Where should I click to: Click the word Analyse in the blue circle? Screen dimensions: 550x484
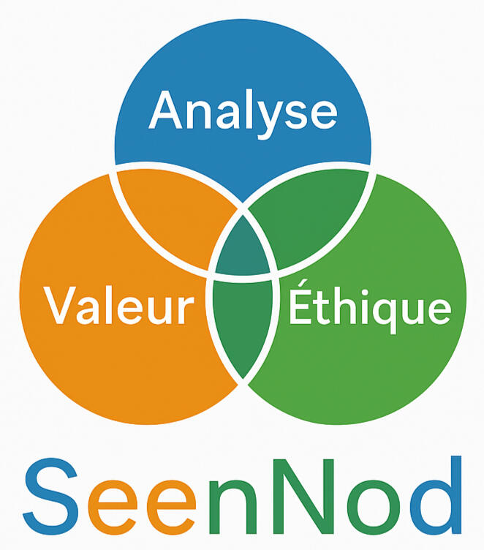point(243,112)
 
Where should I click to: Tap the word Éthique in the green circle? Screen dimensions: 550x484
point(368,307)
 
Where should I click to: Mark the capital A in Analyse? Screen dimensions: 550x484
point(165,112)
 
